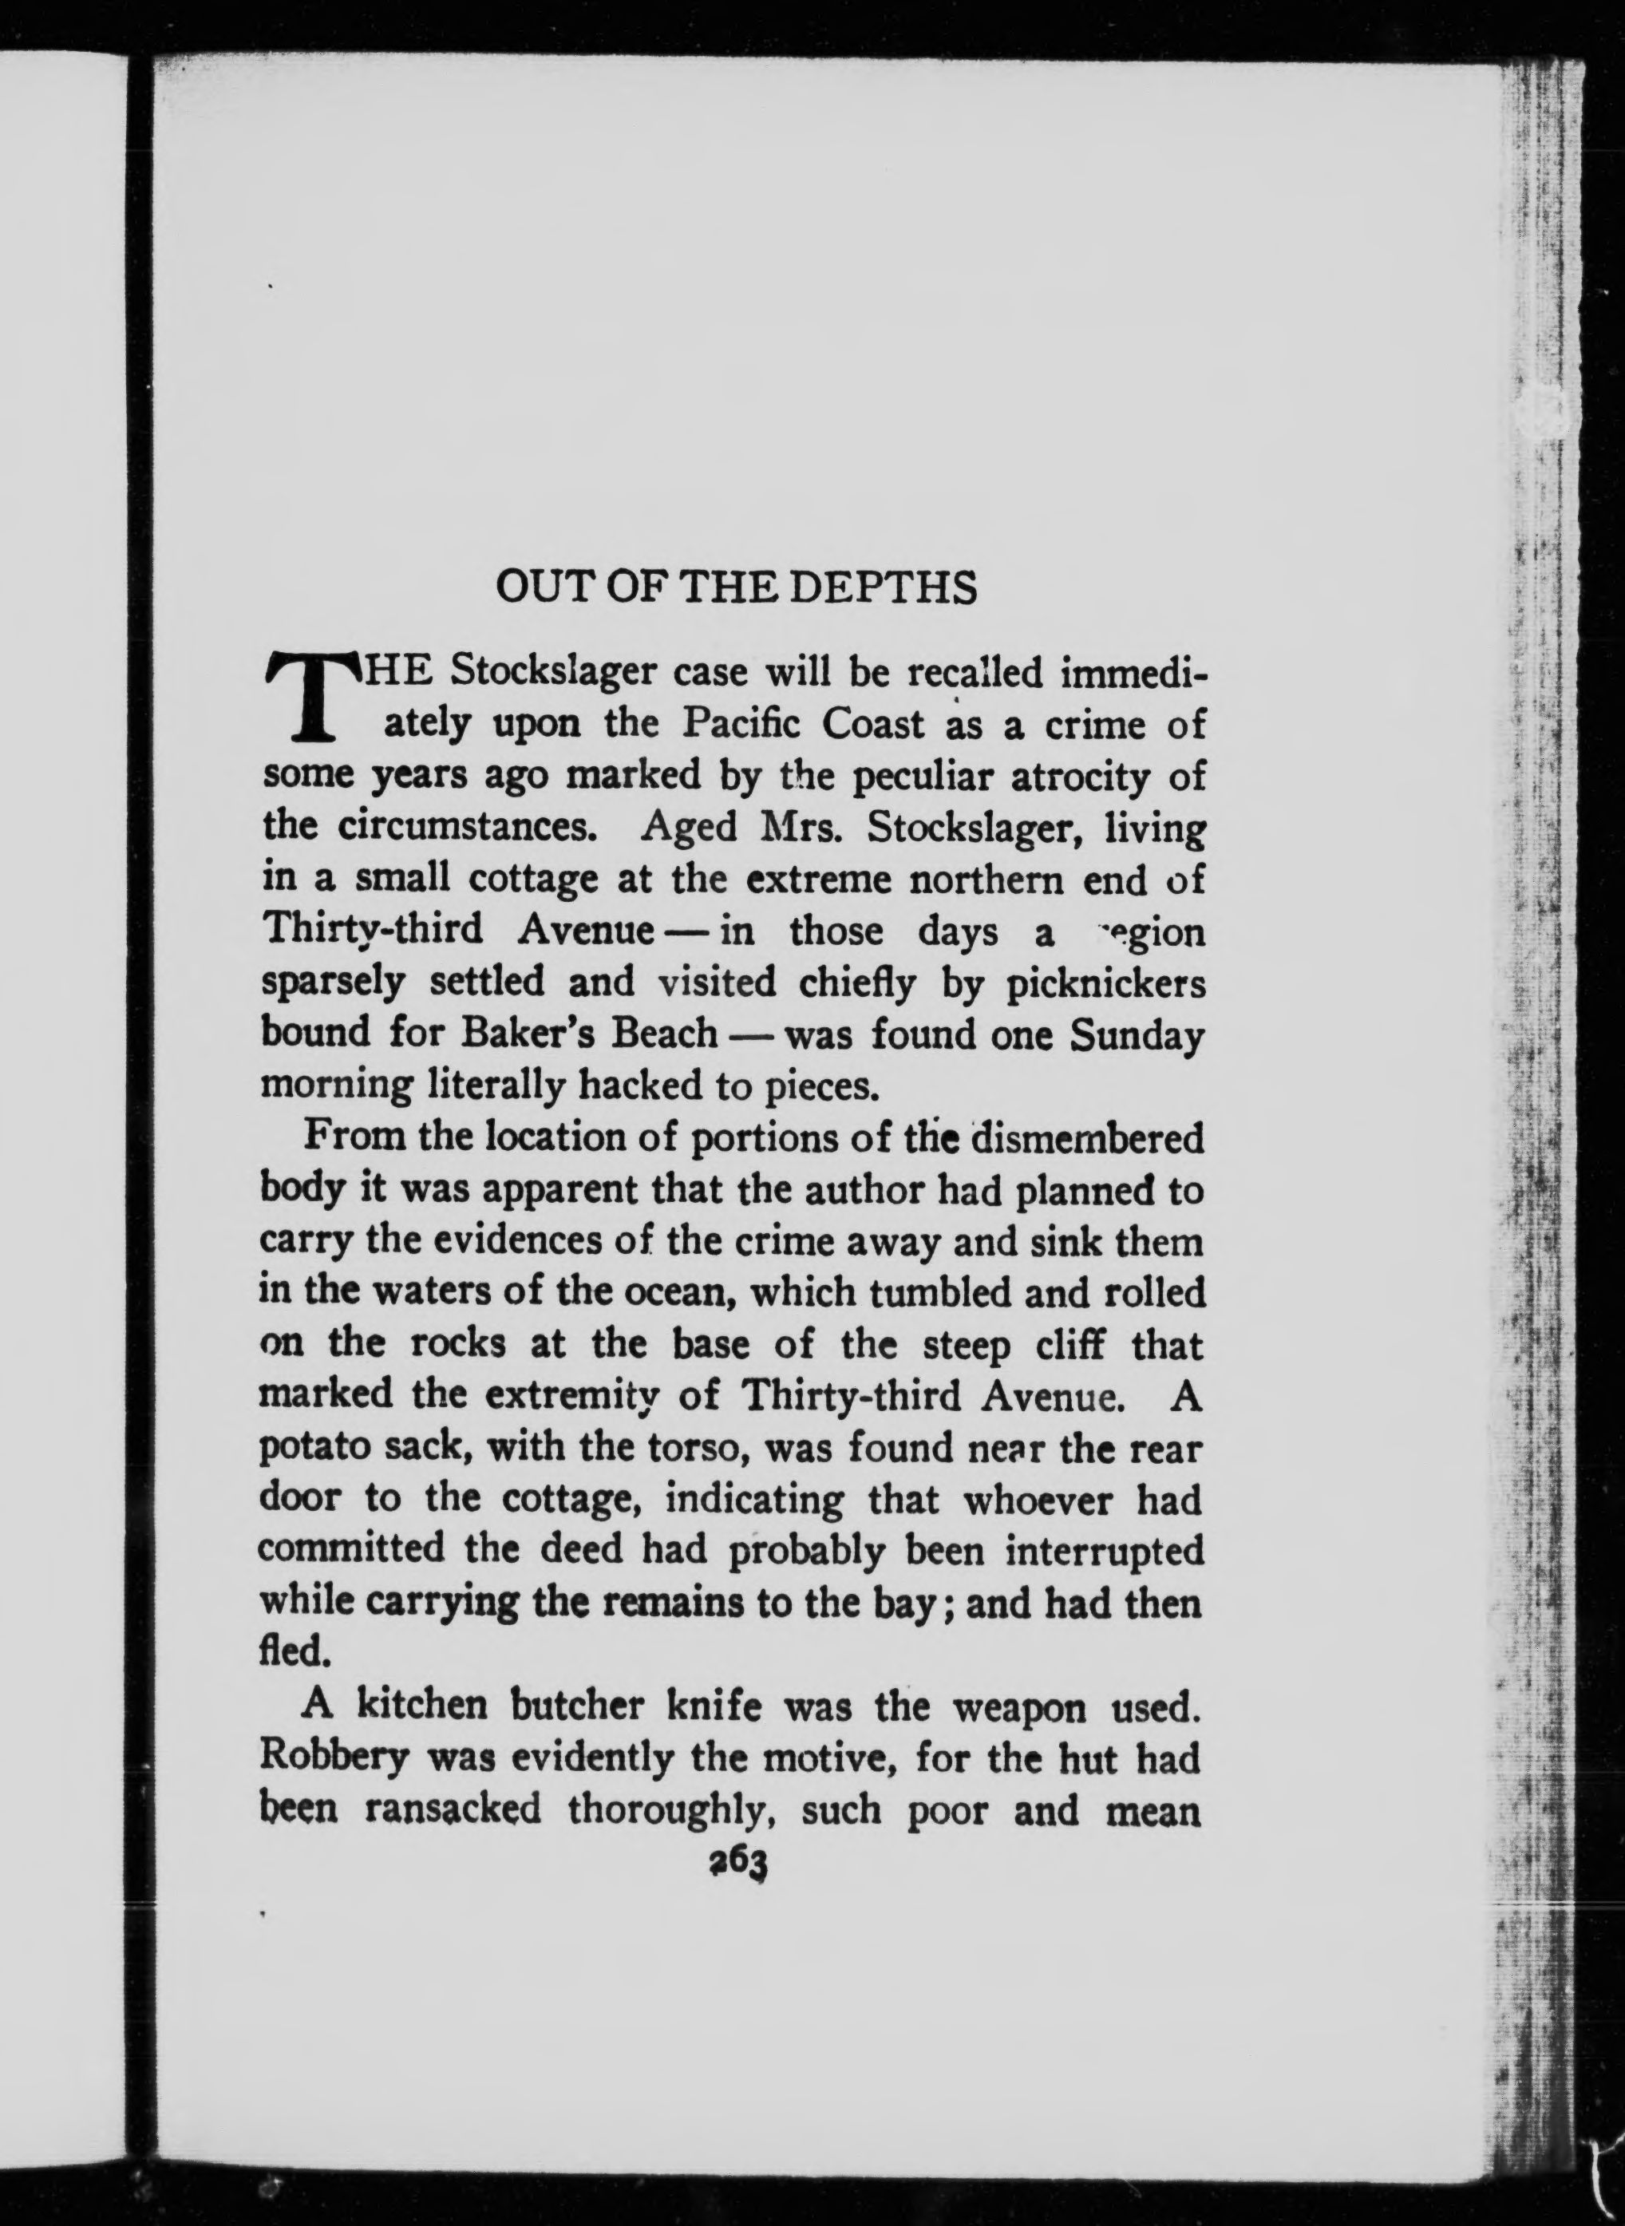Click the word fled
(x=291, y=1651)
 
